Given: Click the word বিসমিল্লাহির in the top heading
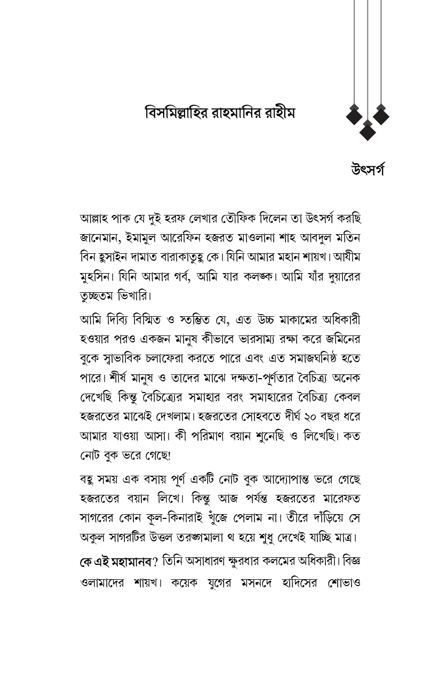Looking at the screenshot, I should click(x=174, y=114).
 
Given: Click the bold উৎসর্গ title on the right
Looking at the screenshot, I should click(x=367, y=170).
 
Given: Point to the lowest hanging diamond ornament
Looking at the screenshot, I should click(x=367, y=130).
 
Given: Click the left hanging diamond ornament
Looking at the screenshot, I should click(x=354, y=115).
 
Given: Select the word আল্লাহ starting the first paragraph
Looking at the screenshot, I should click(x=94, y=219).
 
